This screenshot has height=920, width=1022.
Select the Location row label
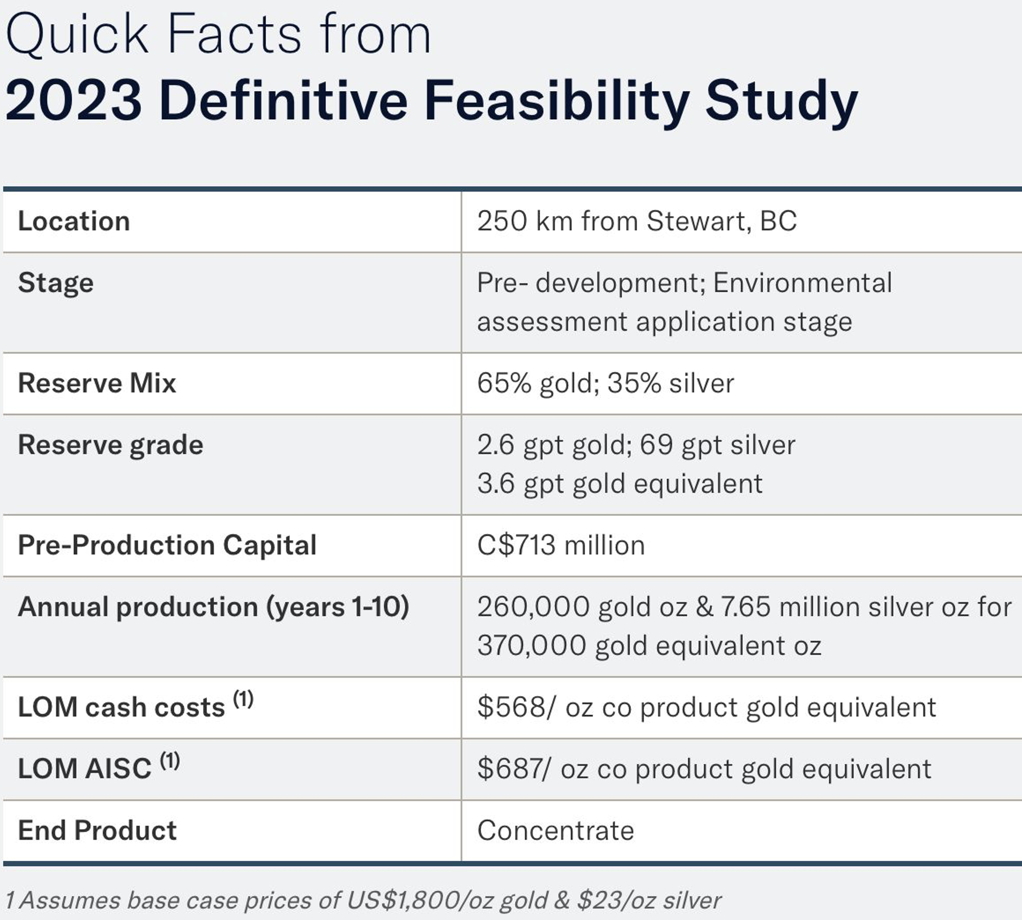pos(74,221)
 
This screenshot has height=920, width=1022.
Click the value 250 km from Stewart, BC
pos(637,221)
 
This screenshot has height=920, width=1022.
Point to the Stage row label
pos(56,283)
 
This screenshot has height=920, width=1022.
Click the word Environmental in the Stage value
pos(802,283)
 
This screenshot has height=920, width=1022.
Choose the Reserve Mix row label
pos(97,383)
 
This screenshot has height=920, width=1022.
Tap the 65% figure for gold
pos(504,383)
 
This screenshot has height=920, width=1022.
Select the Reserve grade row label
pos(110,445)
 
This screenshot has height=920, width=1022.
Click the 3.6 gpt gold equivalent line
pos(620,484)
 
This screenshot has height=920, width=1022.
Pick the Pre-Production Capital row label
pos(167,545)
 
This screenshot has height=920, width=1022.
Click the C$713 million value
pos(561,545)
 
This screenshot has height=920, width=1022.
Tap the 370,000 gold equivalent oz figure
pos(649,646)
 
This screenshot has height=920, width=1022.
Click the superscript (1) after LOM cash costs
pos(243,699)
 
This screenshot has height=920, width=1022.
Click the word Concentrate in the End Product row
pos(555,831)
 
